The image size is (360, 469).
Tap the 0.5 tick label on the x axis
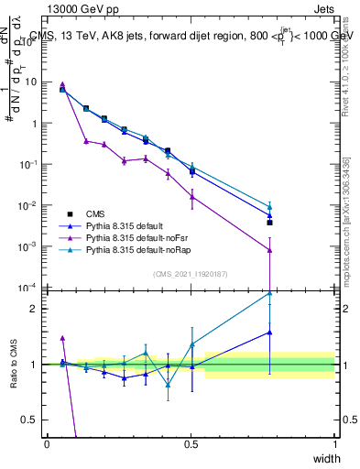pos(191,444)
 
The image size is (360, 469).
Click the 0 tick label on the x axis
pos(47,444)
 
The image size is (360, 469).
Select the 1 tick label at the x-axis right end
pos(335,444)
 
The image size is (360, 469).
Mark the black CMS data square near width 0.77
pos(269,222)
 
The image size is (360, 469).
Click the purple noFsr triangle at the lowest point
pos(269,250)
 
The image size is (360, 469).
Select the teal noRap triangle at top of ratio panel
pos(269,293)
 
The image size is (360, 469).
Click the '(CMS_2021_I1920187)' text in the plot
pos(191,273)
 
